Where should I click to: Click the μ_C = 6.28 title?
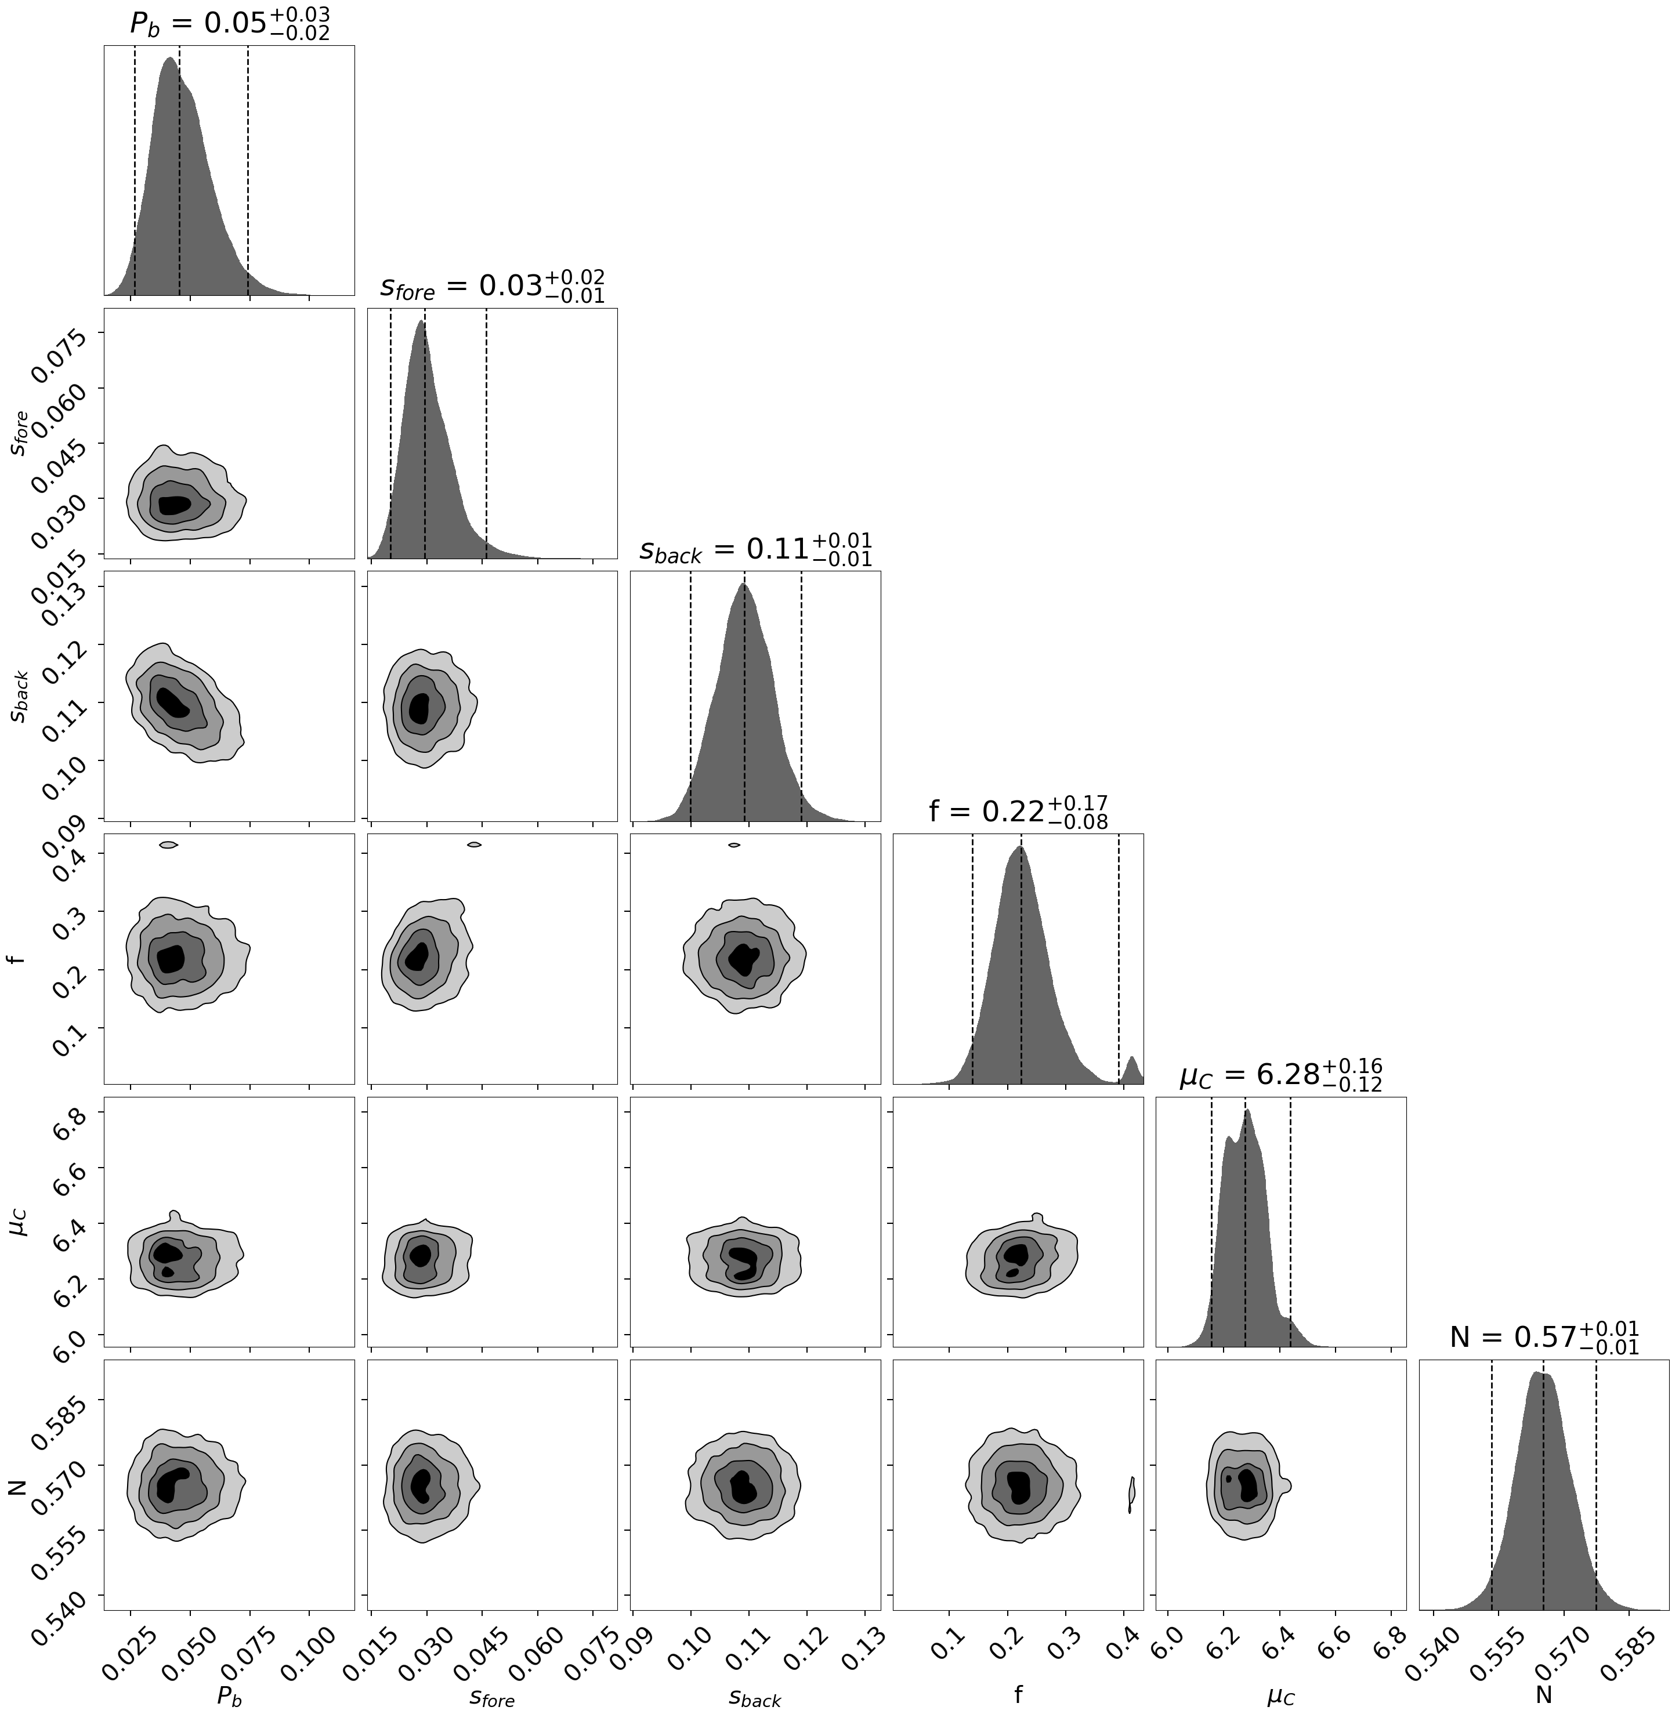click(1280, 1075)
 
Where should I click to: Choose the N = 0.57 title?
click(1544, 1338)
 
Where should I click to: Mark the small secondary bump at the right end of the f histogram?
click(1132, 1068)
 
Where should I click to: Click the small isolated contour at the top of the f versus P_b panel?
click(168, 845)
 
